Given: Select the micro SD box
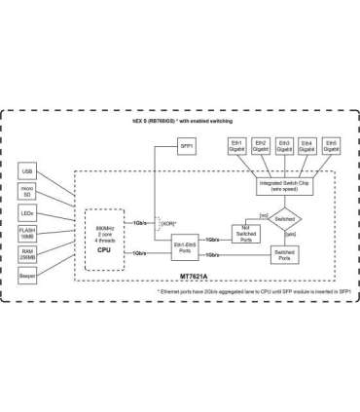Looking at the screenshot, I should tap(27, 192).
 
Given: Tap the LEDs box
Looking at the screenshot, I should tap(27, 212).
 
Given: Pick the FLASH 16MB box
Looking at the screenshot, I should tap(27, 234).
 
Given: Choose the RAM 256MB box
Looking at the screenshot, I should tap(27, 253).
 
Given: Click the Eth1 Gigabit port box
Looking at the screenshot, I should tap(235, 144).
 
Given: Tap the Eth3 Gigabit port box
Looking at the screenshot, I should tap(284, 144).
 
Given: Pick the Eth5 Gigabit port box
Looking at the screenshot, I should tap(332, 144).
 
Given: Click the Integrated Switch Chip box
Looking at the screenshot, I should tap(284, 186).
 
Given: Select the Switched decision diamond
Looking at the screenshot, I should tap(285, 220).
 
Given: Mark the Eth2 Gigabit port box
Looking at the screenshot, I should tap(260, 144).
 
